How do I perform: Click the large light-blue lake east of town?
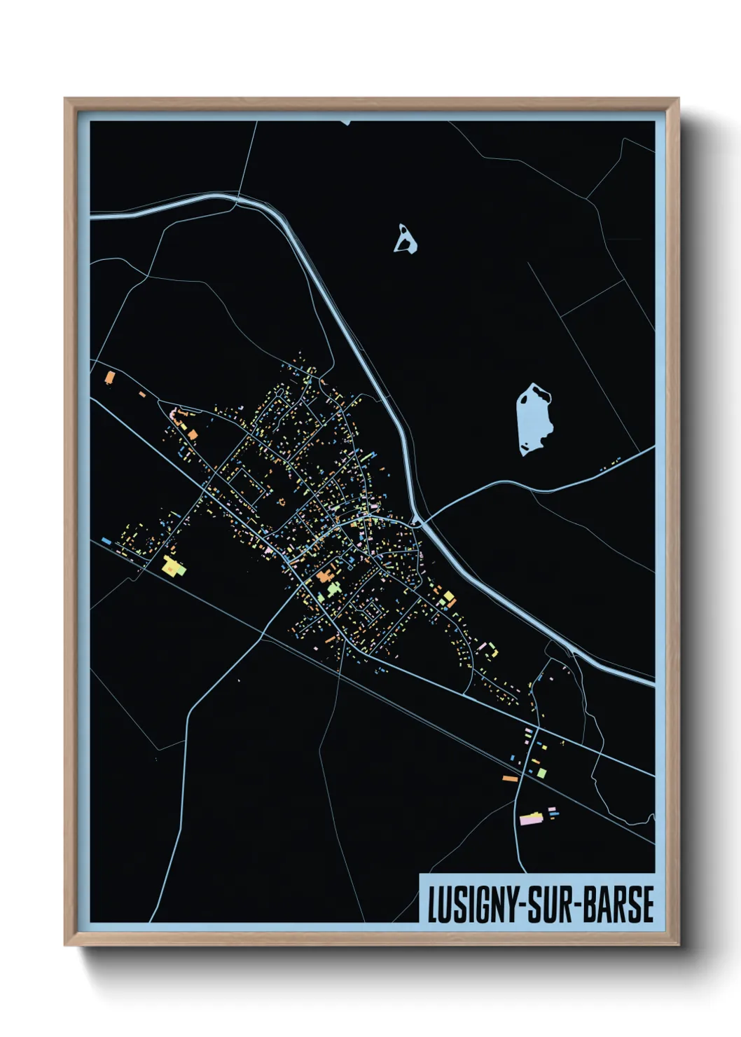click(534, 418)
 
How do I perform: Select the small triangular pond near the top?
click(405, 240)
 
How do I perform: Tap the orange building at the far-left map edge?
click(109, 378)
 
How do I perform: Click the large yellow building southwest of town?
click(172, 566)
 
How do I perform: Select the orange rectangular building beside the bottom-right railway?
click(510, 778)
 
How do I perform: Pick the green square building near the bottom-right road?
click(541, 773)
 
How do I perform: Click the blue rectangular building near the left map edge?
click(106, 541)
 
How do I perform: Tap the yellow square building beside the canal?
click(449, 598)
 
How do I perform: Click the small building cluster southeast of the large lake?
click(611, 464)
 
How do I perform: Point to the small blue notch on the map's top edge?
click(345, 123)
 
